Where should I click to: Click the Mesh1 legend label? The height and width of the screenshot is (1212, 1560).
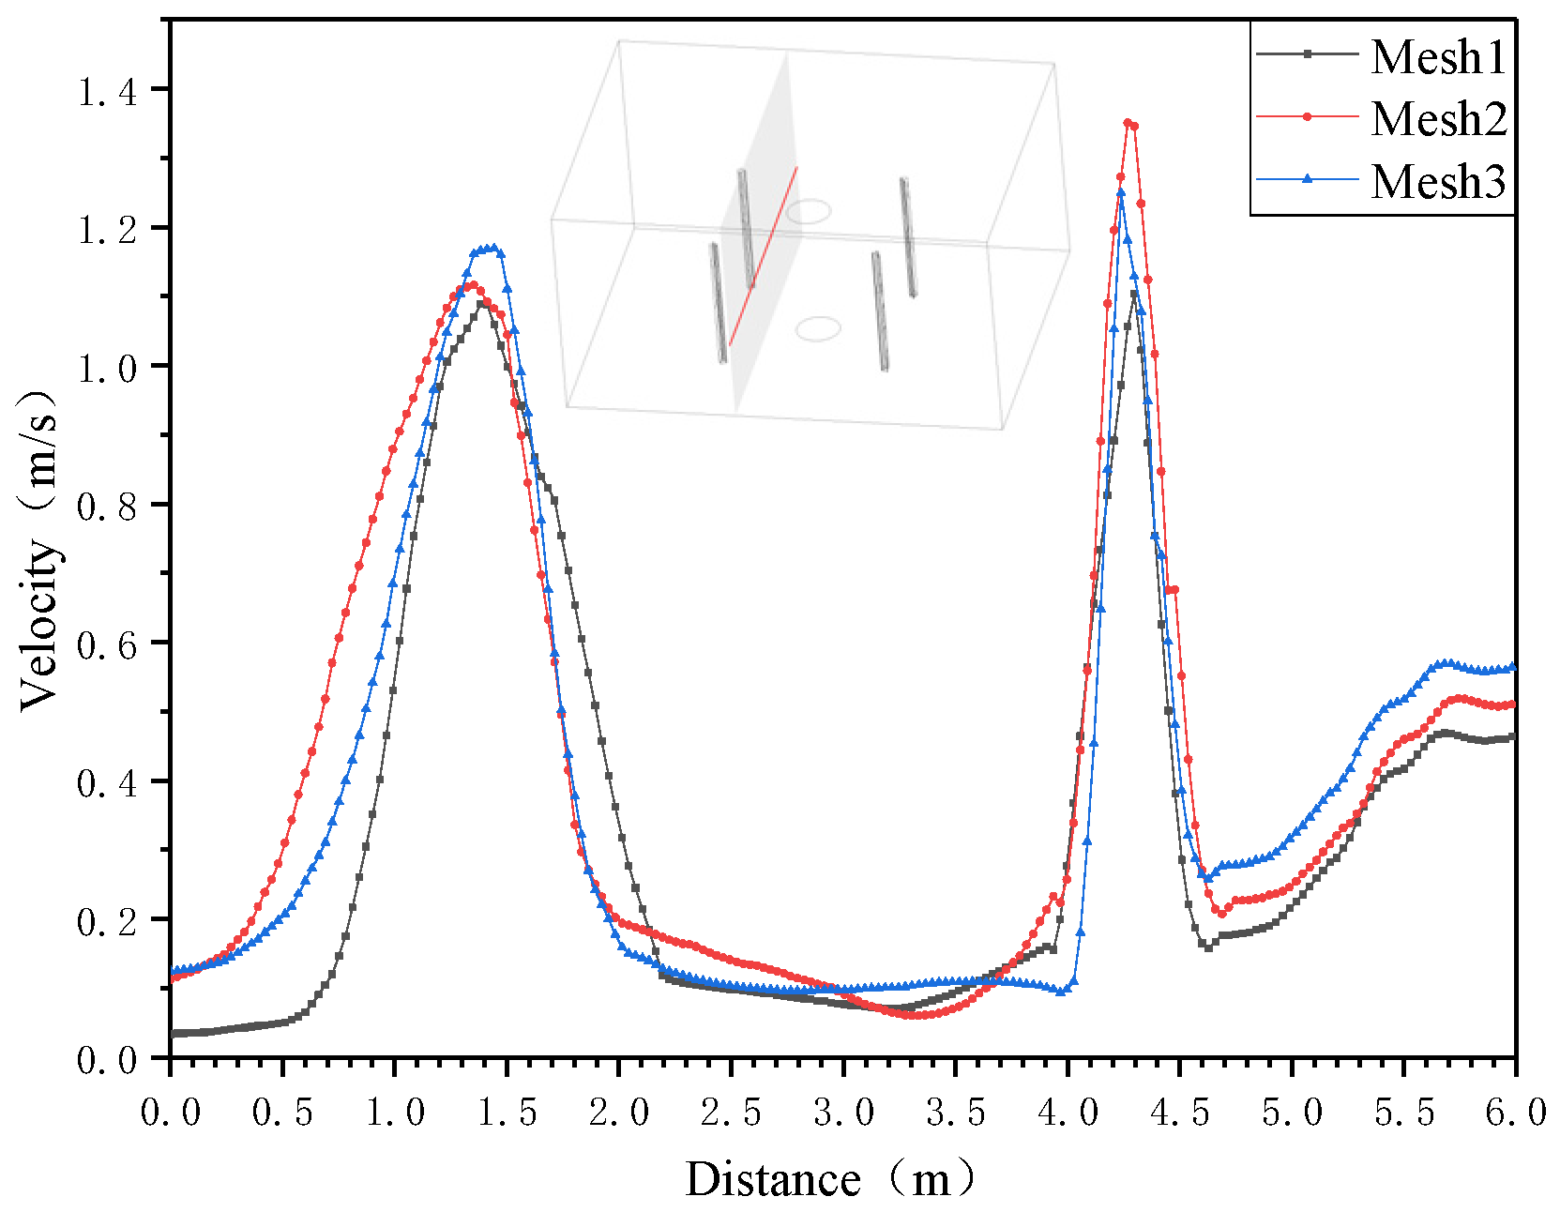(1438, 57)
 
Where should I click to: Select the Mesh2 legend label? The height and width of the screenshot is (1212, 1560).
(1438, 119)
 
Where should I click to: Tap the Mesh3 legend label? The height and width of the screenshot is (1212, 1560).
(1438, 181)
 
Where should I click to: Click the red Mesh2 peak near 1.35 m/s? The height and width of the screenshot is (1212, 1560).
(1128, 123)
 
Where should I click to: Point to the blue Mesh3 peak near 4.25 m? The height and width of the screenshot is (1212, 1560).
(1121, 193)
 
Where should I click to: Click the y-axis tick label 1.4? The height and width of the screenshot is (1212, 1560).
(108, 92)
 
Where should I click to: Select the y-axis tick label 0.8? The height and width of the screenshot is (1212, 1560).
(108, 508)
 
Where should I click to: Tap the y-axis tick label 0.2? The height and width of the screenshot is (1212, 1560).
(108, 922)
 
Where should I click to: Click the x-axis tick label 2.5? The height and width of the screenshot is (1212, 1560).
(731, 1113)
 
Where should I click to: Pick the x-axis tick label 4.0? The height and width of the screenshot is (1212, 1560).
(1068, 1113)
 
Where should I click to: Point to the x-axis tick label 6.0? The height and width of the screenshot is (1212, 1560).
(1515, 1113)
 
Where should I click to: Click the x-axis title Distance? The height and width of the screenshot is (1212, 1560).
(773, 1179)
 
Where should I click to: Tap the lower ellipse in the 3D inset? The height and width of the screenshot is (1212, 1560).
(818, 328)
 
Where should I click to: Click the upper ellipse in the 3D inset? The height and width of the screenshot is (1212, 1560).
(808, 211)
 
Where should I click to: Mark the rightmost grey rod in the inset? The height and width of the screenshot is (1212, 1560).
(908, 237)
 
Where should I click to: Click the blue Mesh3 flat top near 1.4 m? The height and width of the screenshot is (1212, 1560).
(488, 250)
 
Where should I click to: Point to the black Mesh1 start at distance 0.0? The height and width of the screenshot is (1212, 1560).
(173, 1034)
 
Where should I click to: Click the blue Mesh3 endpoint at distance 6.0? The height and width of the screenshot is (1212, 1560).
(1512, 668)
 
